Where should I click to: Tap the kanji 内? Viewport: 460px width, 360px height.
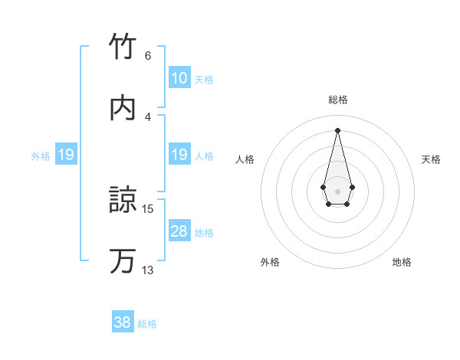click(x=123, y=109)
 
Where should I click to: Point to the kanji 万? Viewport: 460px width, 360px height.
click(x=123, y=261)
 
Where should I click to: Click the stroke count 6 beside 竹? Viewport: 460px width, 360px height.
click(x=147, y=55)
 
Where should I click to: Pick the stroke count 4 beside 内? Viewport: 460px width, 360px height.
click(x=147, y=116)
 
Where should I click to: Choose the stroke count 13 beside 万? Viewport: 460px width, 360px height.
click(x=148, y=270)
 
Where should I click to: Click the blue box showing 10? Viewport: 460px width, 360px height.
click(x=179, y=78)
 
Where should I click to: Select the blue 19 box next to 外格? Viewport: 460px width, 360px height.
click(x=66, y=155)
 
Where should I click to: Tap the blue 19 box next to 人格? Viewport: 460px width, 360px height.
click(x=179, y=155)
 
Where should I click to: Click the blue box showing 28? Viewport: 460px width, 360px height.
click(x=179, y=232)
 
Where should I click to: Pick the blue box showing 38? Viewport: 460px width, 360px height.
click(x=123, y=322)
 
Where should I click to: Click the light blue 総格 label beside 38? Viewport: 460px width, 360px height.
click(x=147, y=324)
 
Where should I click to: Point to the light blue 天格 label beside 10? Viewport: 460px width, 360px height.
click(x=204, y=80)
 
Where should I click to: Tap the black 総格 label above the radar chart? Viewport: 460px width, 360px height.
click(x=338, y=100)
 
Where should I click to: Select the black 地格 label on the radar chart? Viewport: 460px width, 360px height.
click(x=402, y=263)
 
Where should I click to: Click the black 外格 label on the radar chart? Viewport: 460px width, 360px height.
click(x=270, y=263)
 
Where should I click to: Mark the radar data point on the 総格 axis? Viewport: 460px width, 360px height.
click(x=337, y=129)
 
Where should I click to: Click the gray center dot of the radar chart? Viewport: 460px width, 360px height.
click(x=337, y=190)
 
